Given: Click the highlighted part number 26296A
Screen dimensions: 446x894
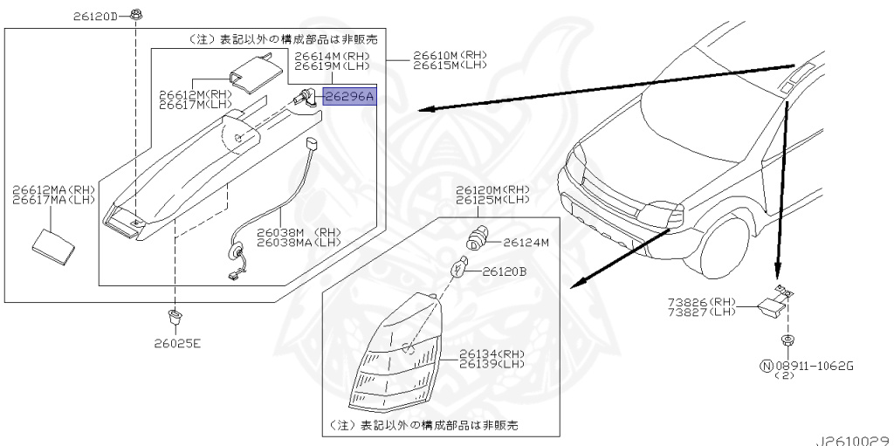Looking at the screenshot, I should coord(349,97).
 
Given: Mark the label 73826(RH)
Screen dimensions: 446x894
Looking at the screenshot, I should coord(702,302).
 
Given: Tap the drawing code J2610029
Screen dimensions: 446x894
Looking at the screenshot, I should coord(854,438).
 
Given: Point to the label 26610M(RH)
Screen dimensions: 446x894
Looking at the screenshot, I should coord(450,54).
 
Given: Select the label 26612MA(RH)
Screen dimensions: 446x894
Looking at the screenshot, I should coord(52,188).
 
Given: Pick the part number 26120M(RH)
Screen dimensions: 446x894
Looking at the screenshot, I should coord(492,189).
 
